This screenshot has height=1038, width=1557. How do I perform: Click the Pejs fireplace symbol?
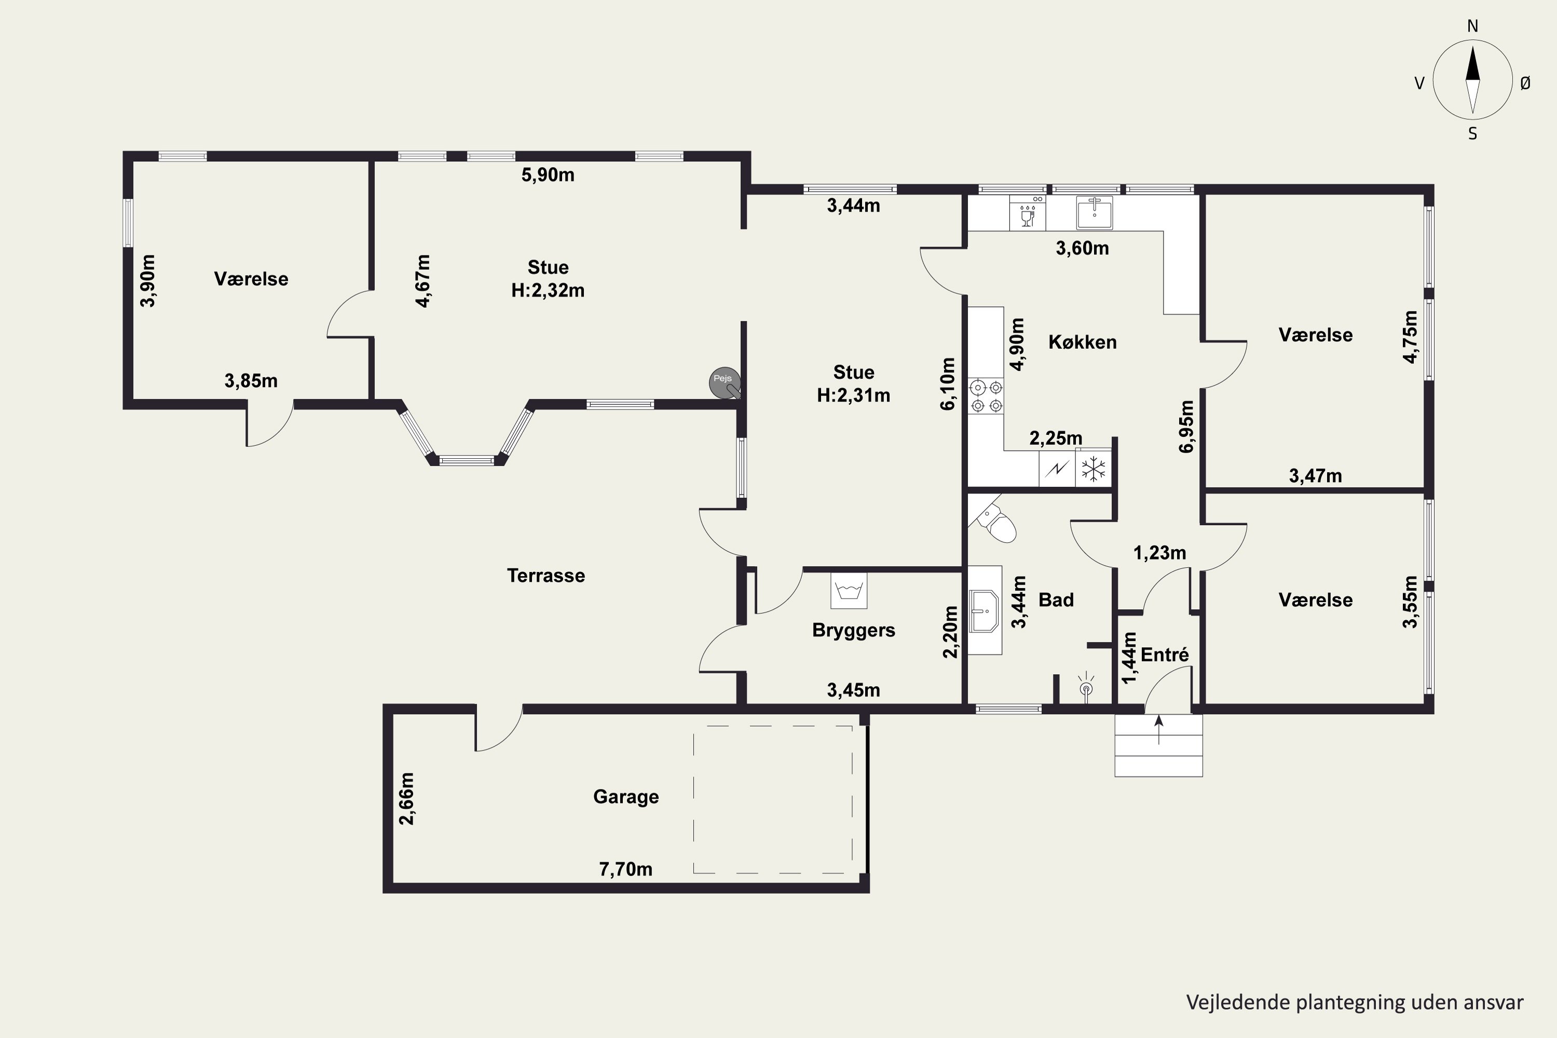point(724,382)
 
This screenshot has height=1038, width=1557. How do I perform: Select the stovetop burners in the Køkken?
point(986,396)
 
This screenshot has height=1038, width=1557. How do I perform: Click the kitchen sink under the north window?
point(1094,212)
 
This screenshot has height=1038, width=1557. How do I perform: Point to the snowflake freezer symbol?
point(1094,469)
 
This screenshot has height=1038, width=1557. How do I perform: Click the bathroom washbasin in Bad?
point(985,611)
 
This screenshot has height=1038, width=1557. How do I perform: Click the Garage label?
point(625,796)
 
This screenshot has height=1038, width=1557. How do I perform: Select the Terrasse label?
point(546,575)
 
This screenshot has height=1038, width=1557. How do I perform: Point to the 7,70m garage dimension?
point(625,869)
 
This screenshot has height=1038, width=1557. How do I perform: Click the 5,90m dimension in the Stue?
point(548,175)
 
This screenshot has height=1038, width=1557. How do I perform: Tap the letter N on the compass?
point(1472,26)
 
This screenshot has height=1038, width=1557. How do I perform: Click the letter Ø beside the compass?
point(1525,83)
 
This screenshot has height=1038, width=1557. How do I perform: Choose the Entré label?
point(1165,654)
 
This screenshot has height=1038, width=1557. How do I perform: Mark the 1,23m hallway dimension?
point(1160,553)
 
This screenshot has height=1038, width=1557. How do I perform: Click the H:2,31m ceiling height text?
point(853,395)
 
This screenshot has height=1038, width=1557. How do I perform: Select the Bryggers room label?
point(853,630)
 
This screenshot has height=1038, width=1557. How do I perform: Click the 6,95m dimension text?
point(1186,426)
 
